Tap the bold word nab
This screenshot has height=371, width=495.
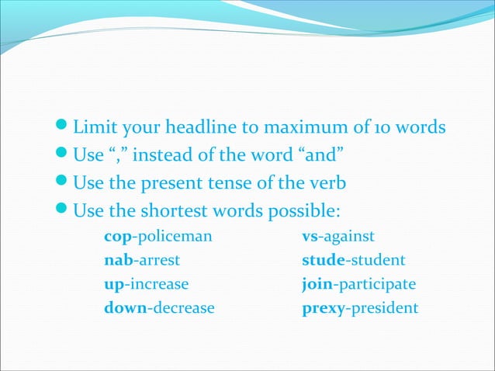tap(117, 260)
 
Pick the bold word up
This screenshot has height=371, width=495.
tap(113, 284)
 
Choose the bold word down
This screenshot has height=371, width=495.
tap(125, 308)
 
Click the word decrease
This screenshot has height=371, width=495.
tap(183, 308)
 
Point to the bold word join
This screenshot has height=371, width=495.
tap(317, 284)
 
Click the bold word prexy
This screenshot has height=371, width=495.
tap(324, 308)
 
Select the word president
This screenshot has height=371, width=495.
tap(384, 308)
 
